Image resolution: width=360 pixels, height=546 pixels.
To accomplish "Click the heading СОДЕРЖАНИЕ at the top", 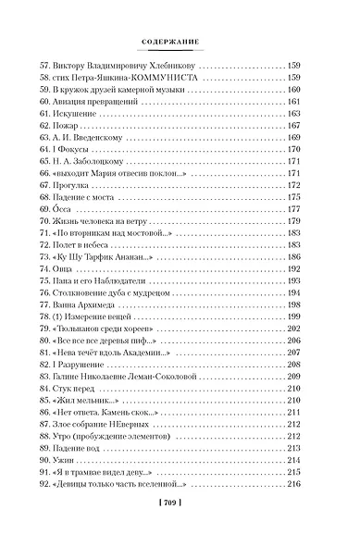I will tap(180, 42).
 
